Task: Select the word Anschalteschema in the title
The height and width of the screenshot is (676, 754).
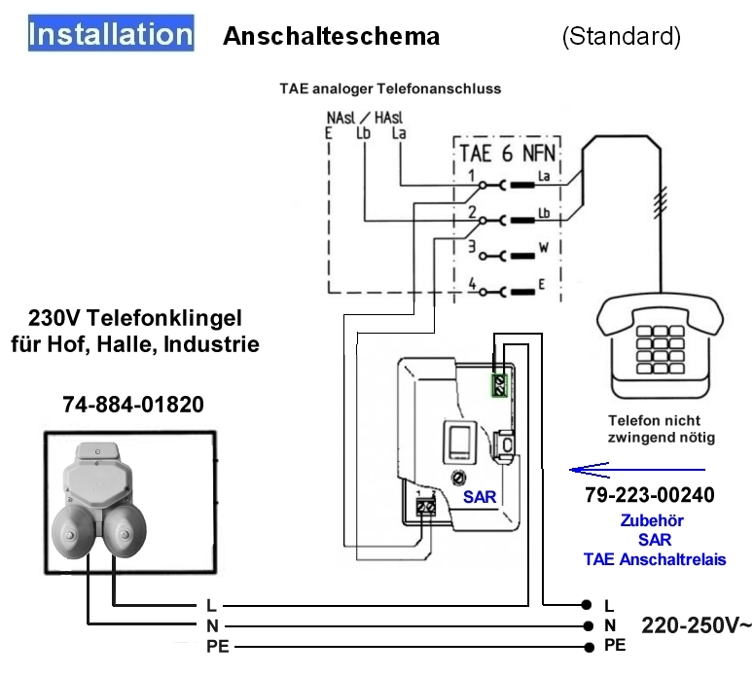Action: (x=331, y=37)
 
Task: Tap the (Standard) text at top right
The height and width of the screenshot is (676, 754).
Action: (x=621, y=37)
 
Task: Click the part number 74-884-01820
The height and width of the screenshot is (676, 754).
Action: (x=133, y=405)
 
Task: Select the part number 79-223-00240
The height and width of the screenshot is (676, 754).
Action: (x=650, y=495)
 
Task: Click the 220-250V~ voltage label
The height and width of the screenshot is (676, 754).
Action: (x=696, y=624)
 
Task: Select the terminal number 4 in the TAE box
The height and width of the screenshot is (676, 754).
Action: (x=473, y=283)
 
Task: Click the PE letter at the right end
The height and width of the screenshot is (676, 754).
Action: (x=615, y=645)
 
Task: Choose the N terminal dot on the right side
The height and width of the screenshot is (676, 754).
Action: (x=587, y=625)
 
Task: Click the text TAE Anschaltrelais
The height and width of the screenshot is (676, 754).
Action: (x=655, y=559)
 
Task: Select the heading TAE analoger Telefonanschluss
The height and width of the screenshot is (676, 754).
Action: (x=390, y=89)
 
